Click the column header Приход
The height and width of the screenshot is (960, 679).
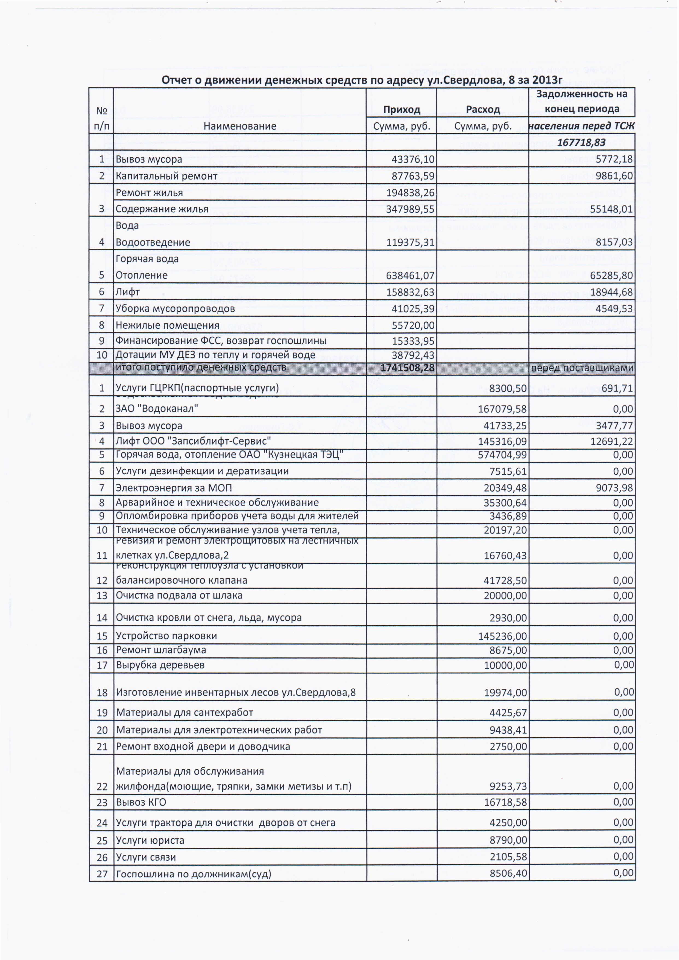[401, 110]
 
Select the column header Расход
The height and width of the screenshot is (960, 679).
[483, 110]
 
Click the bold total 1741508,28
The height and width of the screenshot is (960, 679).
[407, 368]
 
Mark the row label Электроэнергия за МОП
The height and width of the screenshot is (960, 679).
[174, 488]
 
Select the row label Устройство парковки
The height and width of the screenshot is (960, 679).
[166, 636]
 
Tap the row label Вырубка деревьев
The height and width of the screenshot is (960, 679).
[160, 665]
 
